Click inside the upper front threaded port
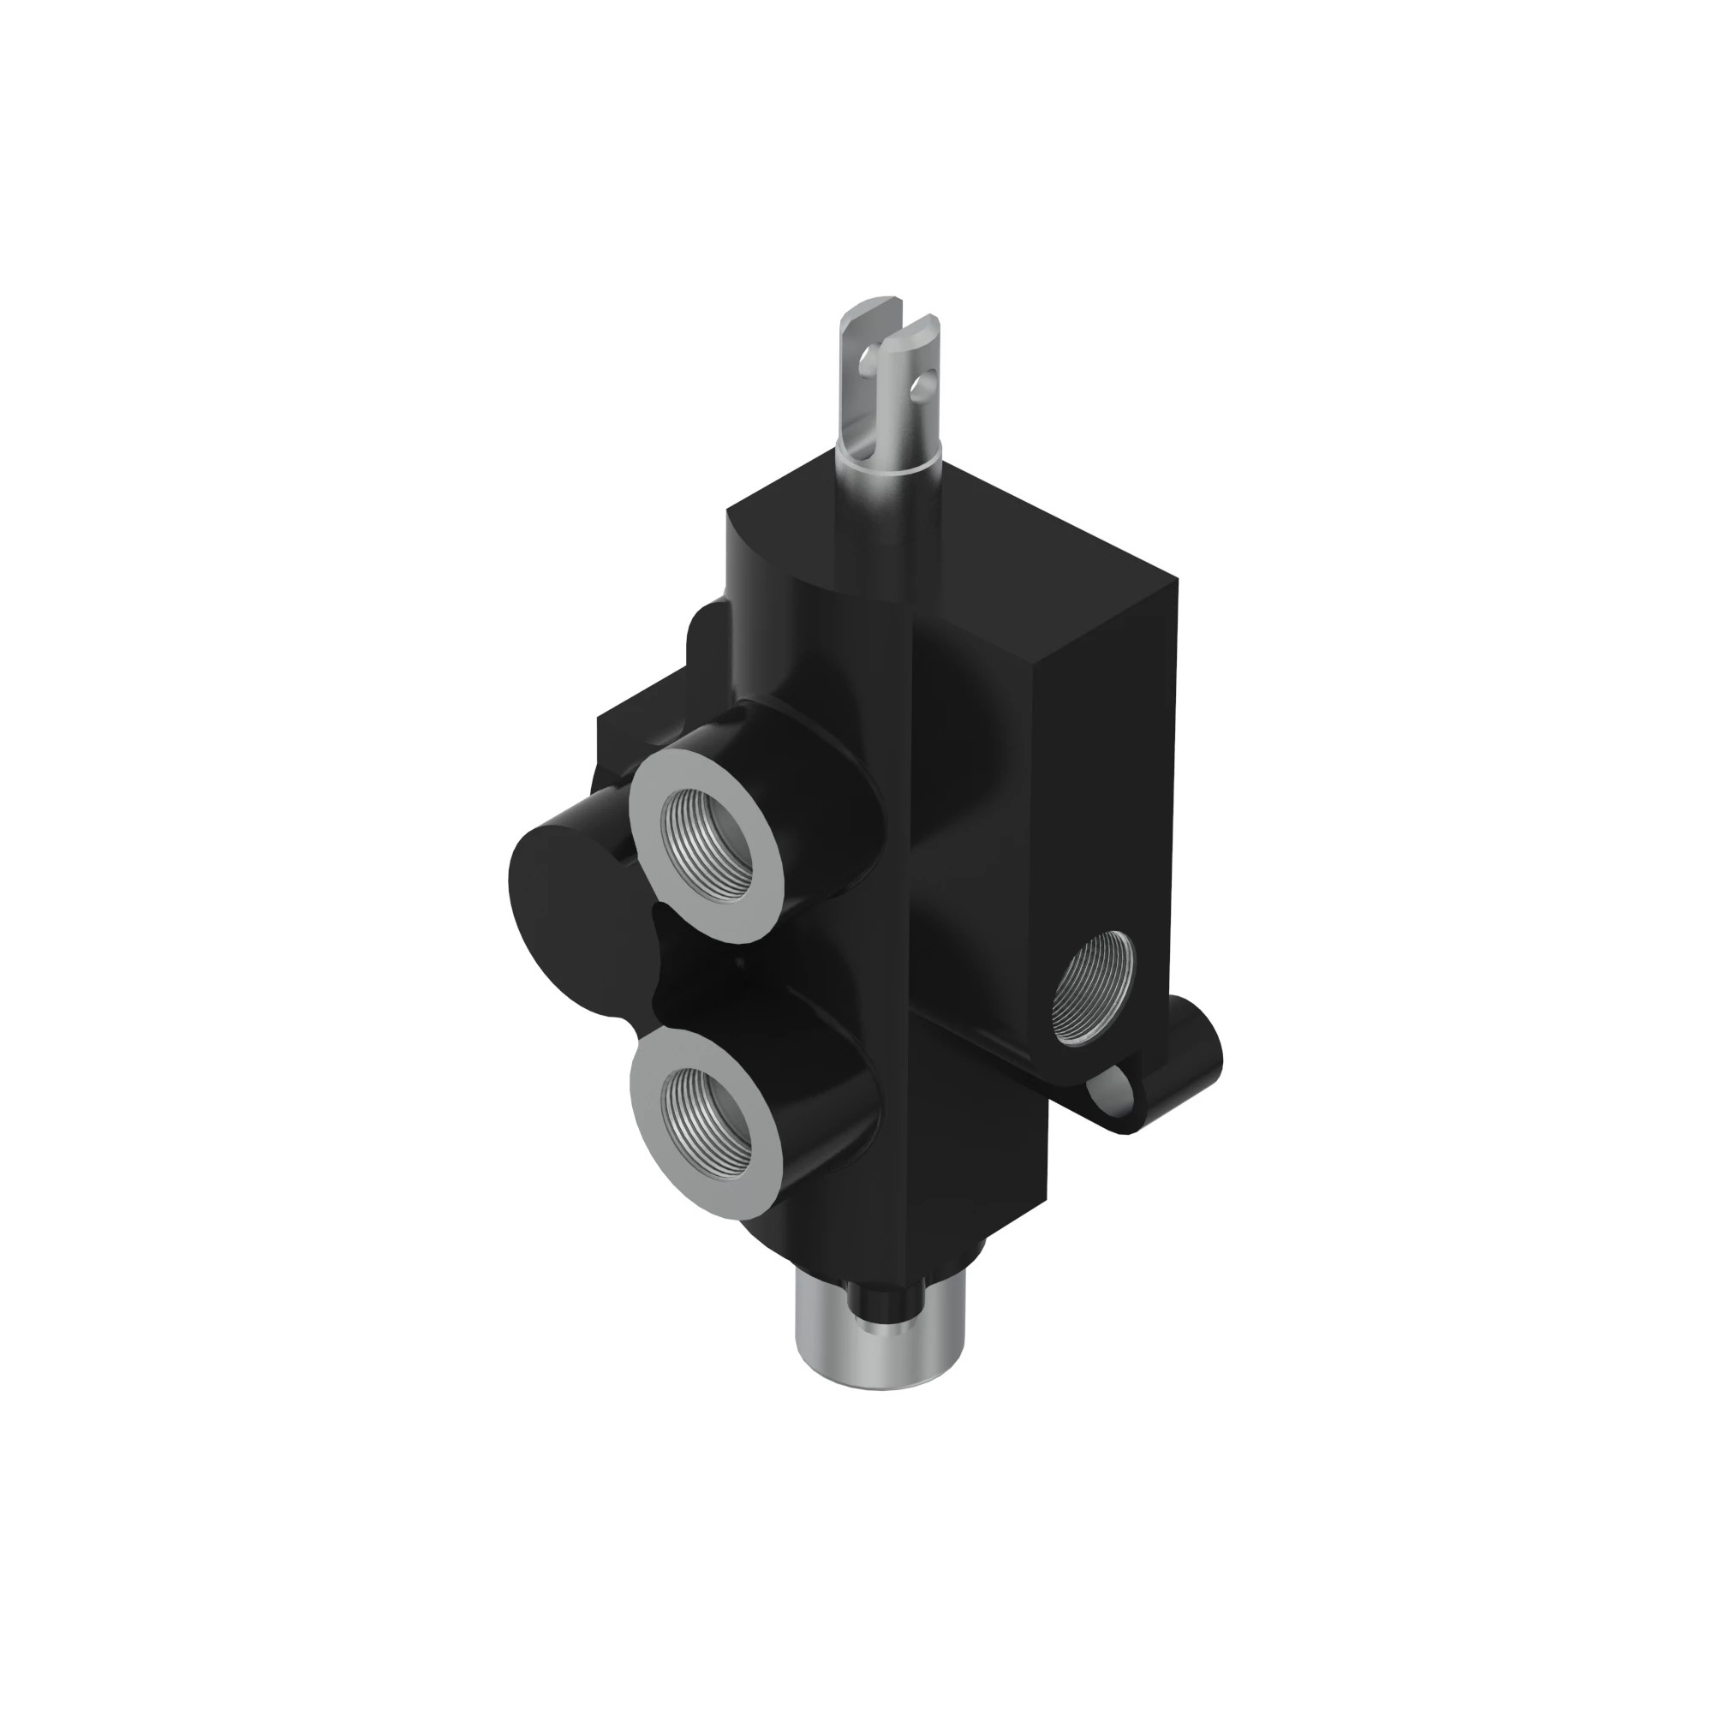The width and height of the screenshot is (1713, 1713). (x=705, y=830)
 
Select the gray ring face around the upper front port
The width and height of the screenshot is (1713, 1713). (x=656, y=803)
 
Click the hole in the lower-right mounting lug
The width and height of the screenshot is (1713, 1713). (x=1119, y=1086)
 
